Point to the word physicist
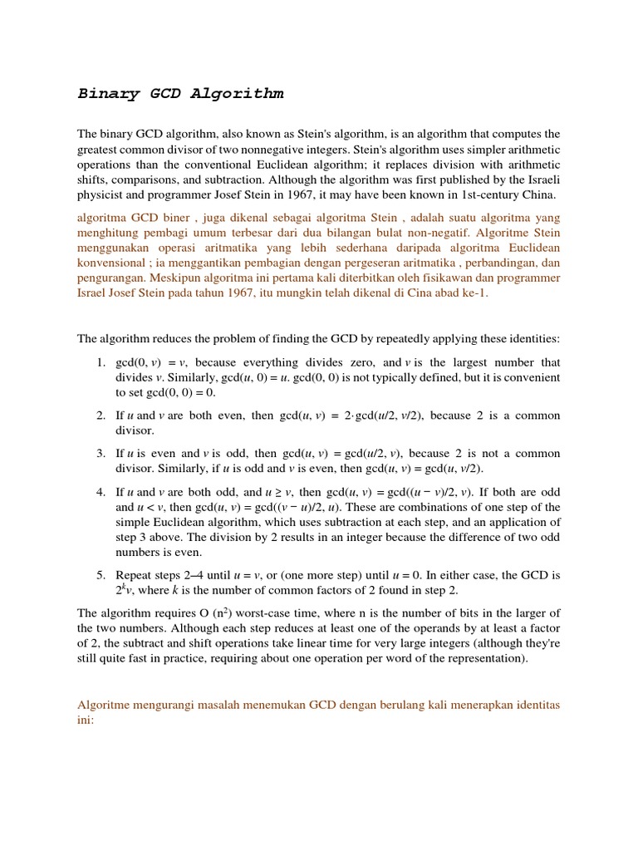click(x=102, y=194)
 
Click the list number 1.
click(x=100, y=362)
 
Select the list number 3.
click(x=100, y=454)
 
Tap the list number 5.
click(x=100, y=575)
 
